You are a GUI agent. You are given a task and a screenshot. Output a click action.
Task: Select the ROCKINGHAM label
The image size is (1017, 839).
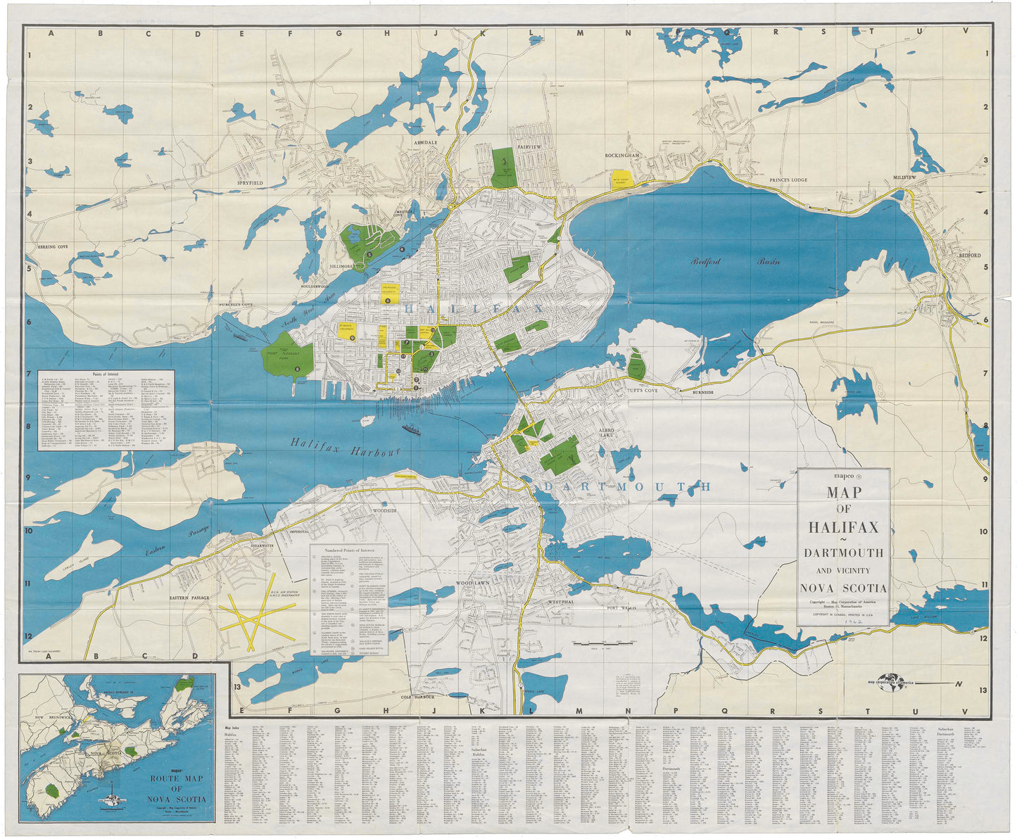pyautogui.click(x=623, y=155)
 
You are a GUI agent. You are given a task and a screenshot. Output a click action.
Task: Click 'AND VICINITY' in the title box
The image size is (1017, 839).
pyautogui.click(x=843, y=571)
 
